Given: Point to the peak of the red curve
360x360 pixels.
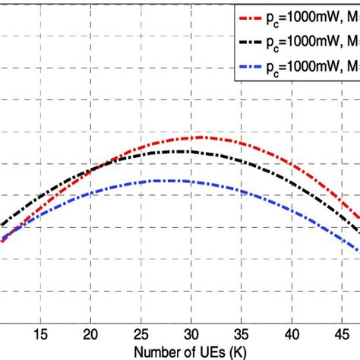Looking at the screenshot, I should click(201, 137).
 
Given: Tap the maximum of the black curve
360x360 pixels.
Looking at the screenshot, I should click(179, 152).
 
